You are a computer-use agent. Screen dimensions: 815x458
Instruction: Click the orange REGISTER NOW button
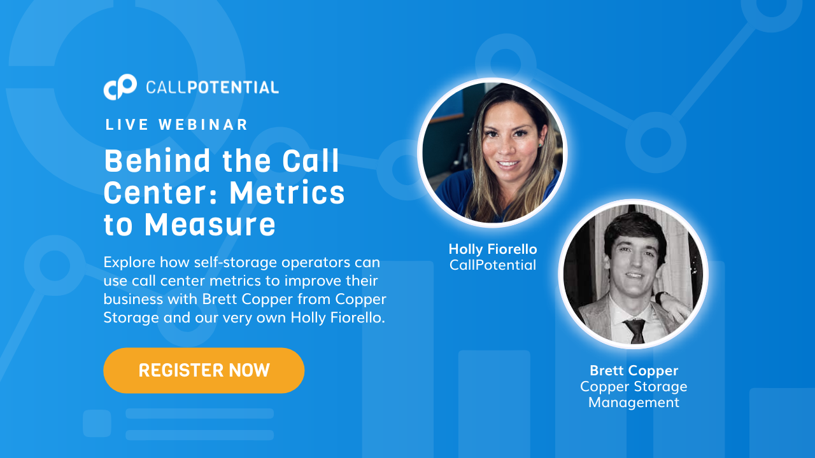click(204, 370)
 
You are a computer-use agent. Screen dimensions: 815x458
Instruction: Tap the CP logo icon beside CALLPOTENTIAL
click(120, 87)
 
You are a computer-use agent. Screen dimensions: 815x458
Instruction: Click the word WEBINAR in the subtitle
click(203, 125)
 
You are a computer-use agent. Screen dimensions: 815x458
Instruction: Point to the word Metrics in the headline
click(287, 193)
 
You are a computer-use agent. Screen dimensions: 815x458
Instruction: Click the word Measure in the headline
click(210, 225)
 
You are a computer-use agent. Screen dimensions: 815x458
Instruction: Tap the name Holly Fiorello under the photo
click(493, 249)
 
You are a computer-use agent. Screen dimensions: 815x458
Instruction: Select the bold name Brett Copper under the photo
click(634, 371)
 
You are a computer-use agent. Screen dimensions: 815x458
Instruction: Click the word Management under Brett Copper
click(634, 403)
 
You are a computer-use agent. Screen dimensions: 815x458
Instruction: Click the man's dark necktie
click(635, 331)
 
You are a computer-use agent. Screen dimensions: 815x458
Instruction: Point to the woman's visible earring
click(541, 146)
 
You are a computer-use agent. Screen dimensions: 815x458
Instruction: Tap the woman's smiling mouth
click(508, 164)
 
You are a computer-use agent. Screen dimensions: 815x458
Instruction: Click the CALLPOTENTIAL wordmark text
click(212, 88)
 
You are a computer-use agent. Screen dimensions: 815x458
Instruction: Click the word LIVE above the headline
click(127, 125)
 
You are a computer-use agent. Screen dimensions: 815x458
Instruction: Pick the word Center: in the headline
click(160, 193)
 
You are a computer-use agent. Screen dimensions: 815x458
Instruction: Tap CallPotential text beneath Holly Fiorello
click(493, 265)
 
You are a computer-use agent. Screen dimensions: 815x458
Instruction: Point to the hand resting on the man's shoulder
click(677, 305)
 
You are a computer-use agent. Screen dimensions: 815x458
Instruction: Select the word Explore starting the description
click(129, 263)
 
